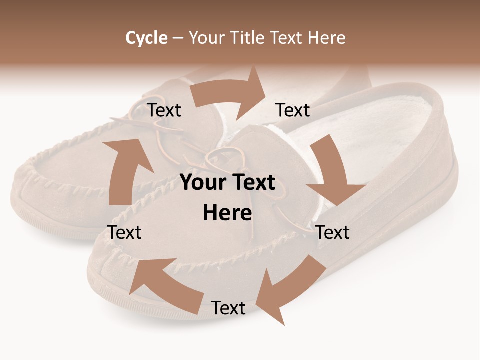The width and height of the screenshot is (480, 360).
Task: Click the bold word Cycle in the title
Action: (146, 37)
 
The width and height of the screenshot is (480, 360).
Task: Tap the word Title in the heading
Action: (248, 37)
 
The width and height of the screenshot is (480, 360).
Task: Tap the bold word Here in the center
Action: (227, 213)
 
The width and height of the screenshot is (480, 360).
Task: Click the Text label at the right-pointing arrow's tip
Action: (293, 110)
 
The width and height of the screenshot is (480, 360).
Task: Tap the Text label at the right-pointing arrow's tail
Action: (164, 110)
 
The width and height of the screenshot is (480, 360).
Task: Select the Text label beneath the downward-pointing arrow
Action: (332, 232)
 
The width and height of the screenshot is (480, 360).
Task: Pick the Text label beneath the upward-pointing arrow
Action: (124, 232)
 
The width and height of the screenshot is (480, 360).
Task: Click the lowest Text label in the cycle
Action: (228, 308)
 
